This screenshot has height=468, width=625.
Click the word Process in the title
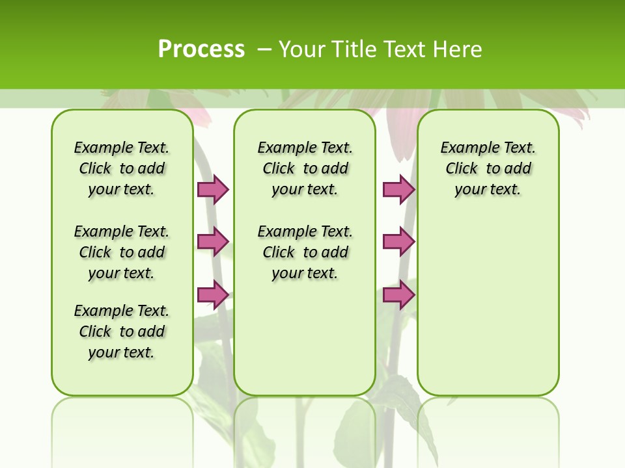pos(201,49)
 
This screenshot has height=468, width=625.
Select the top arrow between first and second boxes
pos(213,189)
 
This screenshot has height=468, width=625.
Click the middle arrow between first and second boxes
pos(213,242)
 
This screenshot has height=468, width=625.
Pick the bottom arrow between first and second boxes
pos(213,294)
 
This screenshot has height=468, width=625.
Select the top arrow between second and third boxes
pos(398,189)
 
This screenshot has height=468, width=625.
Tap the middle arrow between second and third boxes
pos(398,242)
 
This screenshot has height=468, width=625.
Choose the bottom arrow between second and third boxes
pos(398,294)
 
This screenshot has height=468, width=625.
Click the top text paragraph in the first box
pos(122,168)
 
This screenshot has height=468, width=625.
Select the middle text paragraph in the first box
pos(122,252)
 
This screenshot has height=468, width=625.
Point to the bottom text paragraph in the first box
pos(122,331)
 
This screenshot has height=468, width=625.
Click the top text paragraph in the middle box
pos(305,168)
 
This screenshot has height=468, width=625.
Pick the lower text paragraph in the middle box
pos(305,252)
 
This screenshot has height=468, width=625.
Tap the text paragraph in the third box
pos(488,168)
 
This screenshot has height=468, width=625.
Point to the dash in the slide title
pos(264,49)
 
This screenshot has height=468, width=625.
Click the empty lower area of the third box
pos(488,305)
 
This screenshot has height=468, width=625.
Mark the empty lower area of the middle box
pos(305,338)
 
